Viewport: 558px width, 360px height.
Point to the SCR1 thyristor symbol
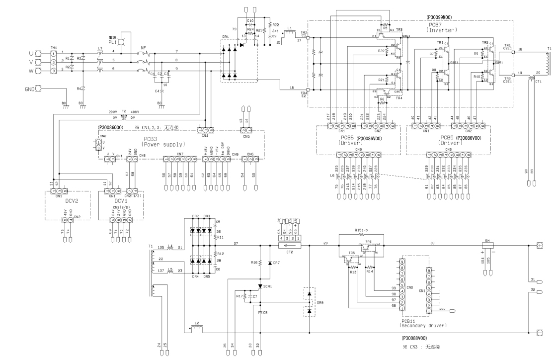260,286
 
